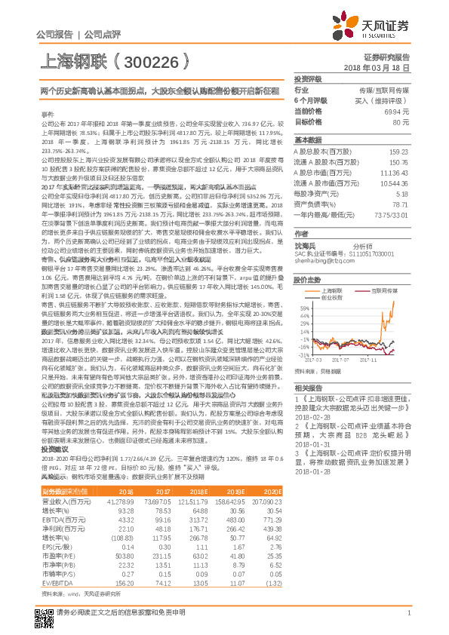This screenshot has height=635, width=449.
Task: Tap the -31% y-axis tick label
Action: pos(302,354)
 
